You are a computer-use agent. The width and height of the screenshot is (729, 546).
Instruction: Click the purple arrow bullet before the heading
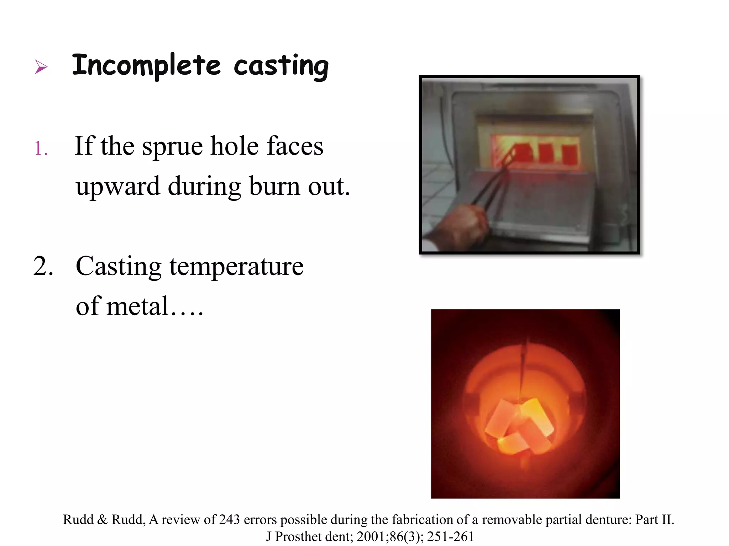coord(41,66)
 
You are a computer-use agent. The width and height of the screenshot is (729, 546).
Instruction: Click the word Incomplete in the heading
coord(146,66)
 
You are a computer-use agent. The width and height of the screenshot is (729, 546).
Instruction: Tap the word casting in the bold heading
coord(281,67)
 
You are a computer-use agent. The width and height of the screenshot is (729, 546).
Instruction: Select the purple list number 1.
coord(41,148)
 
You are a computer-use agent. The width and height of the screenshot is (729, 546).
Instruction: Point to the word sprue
coord(172,147)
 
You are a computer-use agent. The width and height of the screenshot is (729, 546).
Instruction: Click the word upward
coord(118,187)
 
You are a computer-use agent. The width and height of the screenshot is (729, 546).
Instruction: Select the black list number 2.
coord(43,266)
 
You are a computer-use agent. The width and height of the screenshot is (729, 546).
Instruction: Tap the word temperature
coord(236,267)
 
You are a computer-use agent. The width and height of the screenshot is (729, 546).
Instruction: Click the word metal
coord(137,306)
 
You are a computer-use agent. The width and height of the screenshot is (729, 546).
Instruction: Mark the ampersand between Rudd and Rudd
coord(102,520)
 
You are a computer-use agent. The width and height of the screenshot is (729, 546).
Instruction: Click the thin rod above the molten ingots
coord(523,366)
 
